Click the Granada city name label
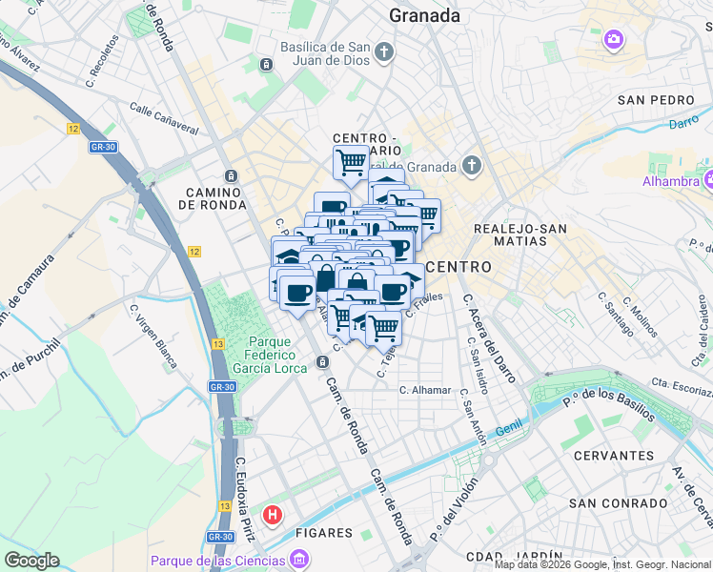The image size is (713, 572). (424, 16)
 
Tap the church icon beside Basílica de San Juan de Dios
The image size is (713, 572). (384, 51)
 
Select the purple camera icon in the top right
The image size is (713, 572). (614, 40)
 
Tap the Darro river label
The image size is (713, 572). (682, 123)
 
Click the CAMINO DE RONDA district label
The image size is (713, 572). (217, 198)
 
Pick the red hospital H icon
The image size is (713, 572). (274, 516)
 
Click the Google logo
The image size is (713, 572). (31, 561)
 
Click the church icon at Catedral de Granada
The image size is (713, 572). (471, 166)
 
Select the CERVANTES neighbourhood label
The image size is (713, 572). (613, 456)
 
